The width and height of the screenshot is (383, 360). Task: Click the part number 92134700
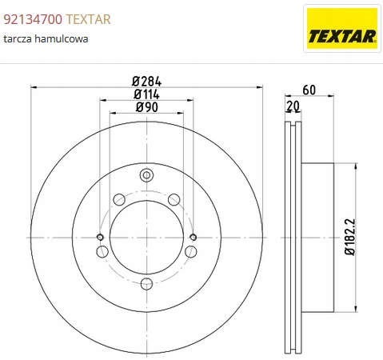(x=33, y=19)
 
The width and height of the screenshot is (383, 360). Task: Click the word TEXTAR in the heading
(x=88, y=19)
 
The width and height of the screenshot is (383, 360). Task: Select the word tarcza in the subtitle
(x=18, y=39)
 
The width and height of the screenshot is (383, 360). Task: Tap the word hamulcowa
(x=62, y=38)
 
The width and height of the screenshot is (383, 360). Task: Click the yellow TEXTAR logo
(x=342, y=29)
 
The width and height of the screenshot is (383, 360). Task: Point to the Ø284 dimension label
(x=146, y=82)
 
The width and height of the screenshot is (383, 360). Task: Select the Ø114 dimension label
(x=146, y=94)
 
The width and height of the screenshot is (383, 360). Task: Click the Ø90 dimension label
(x=147, y=107)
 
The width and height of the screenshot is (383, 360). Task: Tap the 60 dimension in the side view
(x=309, y=90)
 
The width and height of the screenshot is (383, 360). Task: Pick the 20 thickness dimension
(x=293, y=106)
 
